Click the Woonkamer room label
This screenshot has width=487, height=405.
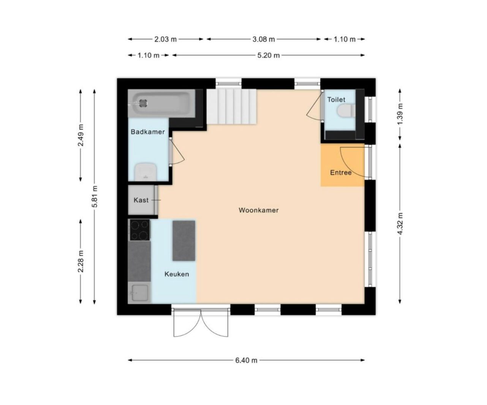[x=258, y=210]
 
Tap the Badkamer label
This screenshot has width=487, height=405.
[x=148, y=132]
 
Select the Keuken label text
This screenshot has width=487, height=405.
[x=177, y=274]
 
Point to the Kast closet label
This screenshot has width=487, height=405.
[x=141, y=200]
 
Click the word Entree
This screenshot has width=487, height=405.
[x=341, y=173]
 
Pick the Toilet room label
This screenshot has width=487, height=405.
[x=336, y=100]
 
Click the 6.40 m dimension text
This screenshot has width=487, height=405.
[x=246, y=360]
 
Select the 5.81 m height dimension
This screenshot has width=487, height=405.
[x=95, y=197]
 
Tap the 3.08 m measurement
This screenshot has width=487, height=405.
[x=264, y=39]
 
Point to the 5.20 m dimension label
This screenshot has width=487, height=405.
[x=269, y=55]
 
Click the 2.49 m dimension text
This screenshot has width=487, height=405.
[x=81, y=136]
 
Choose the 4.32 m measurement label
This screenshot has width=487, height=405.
[x=400, y=224]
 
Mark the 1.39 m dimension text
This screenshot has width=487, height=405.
[x=400, y=114]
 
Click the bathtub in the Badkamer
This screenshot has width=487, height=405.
[x=161, y=104]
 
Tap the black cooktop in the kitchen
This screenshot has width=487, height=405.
[x=140, y=230]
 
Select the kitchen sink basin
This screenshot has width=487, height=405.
[x=140, y=293]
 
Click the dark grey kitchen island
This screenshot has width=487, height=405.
[x=184, y=241]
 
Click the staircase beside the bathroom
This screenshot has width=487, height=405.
[x=232, y=107]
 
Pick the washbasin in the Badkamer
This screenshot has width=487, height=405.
[x=146, y=172]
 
